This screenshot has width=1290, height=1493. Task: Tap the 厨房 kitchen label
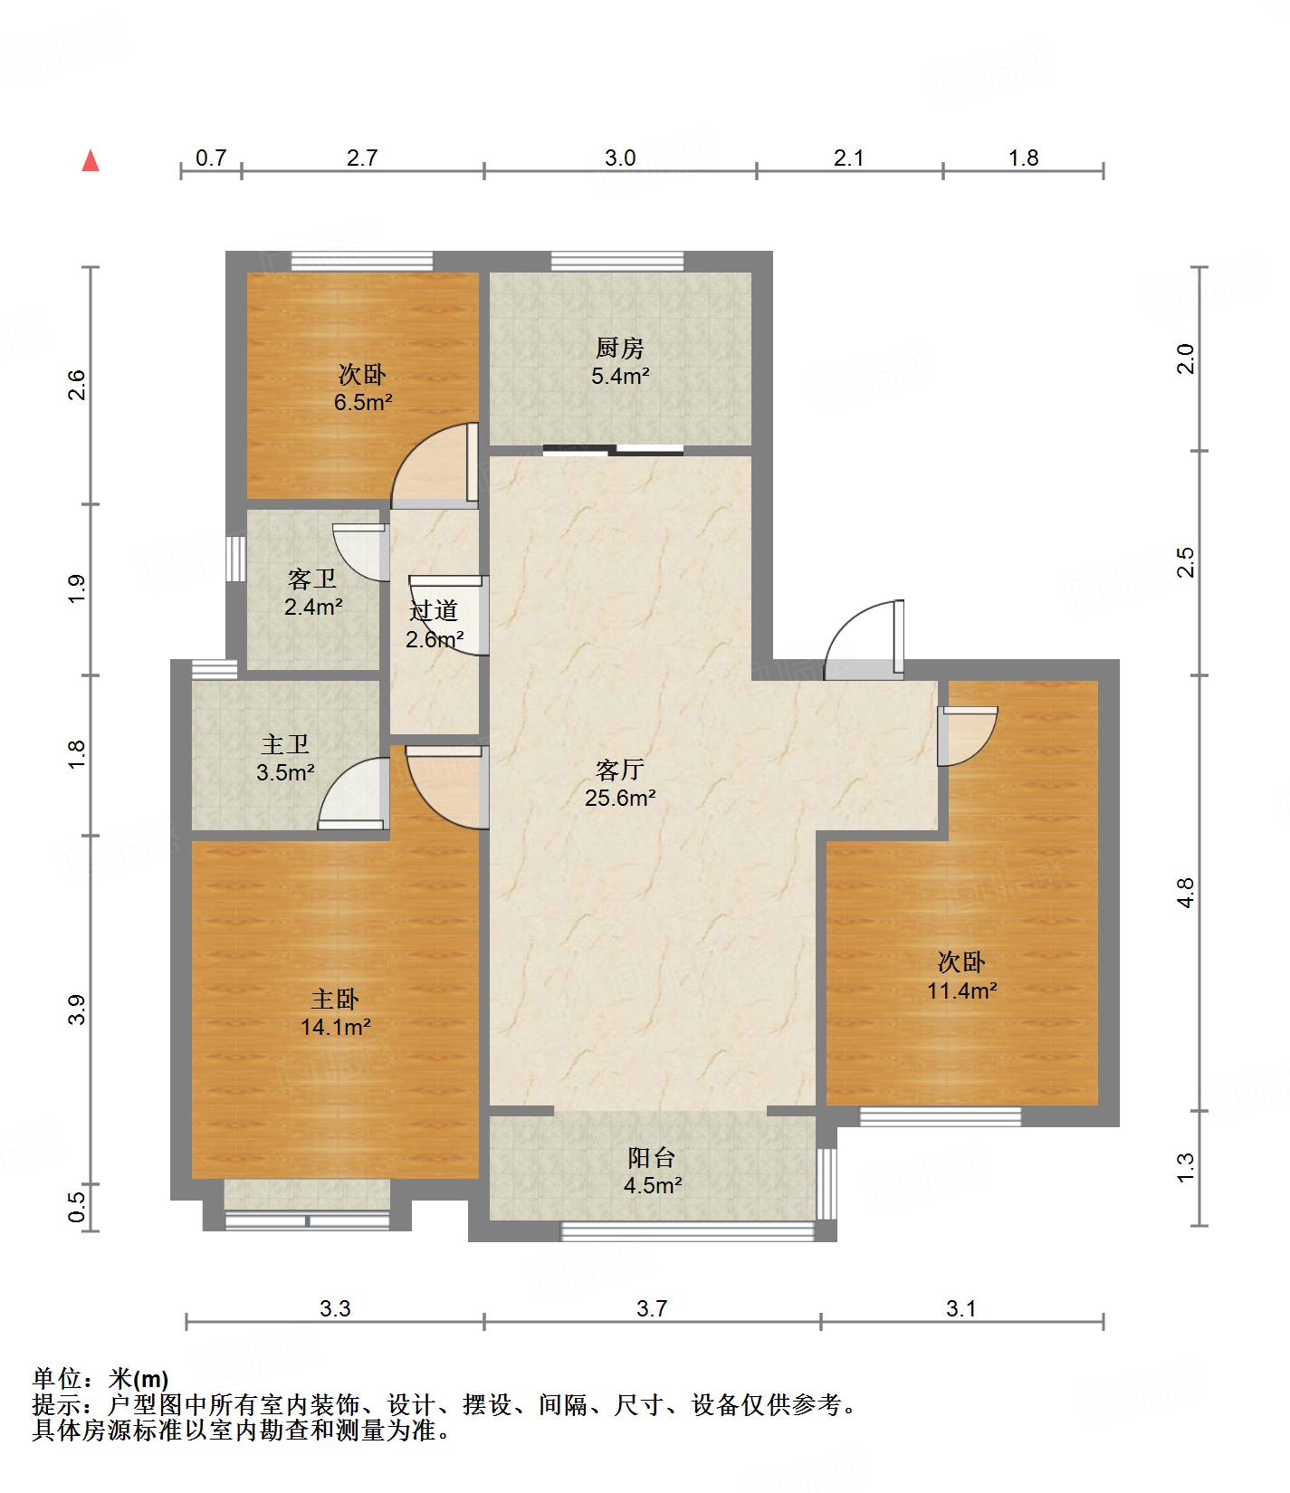pos(620,348)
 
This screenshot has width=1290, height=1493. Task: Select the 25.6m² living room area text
pos(620,799)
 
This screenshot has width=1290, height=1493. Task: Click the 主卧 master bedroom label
pos(335,1000)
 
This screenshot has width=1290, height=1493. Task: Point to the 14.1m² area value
pos(336,1027)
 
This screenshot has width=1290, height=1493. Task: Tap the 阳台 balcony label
pos(652,1157)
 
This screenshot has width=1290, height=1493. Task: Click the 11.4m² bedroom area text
pos(961,991)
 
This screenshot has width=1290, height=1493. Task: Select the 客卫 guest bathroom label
pos(312,579)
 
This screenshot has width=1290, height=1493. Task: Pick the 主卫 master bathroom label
pos(285,745)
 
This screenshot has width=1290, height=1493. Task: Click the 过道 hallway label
pos(434,611)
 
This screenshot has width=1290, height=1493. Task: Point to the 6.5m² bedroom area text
pos(363,402)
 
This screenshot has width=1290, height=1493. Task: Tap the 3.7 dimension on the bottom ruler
pos(652,1307)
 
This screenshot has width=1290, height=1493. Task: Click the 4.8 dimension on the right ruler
pos(1186,893)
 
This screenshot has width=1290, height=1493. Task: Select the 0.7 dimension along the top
pos(211,158)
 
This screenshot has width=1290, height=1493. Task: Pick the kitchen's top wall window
pos(617,261)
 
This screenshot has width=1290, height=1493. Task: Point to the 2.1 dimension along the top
pos(848,158)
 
